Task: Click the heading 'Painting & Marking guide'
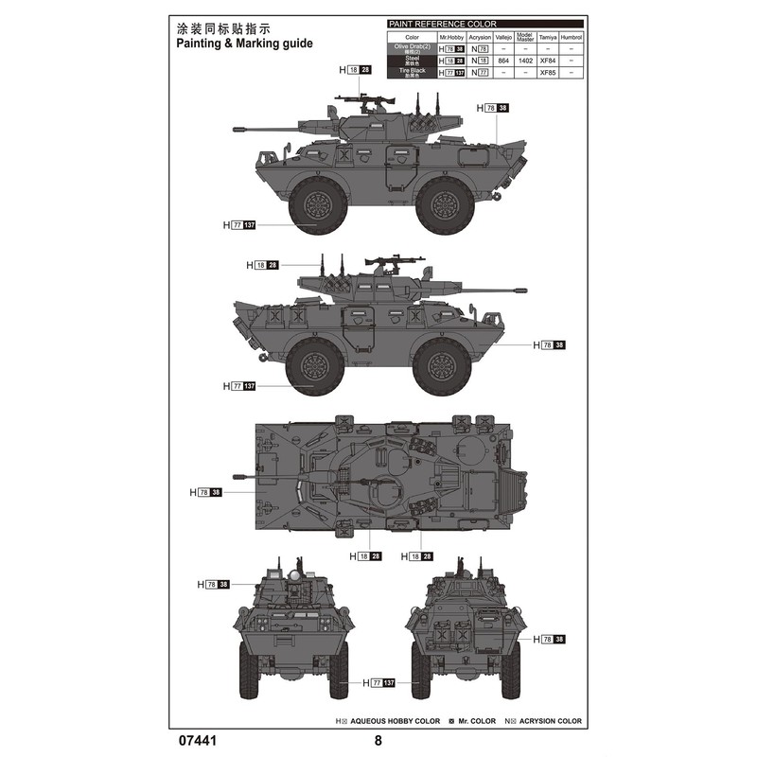click(x=244, y=44)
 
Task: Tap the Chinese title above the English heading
click(x=224, y=26)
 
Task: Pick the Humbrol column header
click(x=571, y=37)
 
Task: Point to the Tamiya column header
click(x=548, y=37)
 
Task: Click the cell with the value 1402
click(x=525, y=60)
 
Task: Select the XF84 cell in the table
click(x=548, y=60)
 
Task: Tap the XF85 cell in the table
click(x=548, y=72)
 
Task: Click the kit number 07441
click(x=195, y=740)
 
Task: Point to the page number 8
click(x=378, y=740)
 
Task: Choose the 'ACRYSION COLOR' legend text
click(x=549, y=721)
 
